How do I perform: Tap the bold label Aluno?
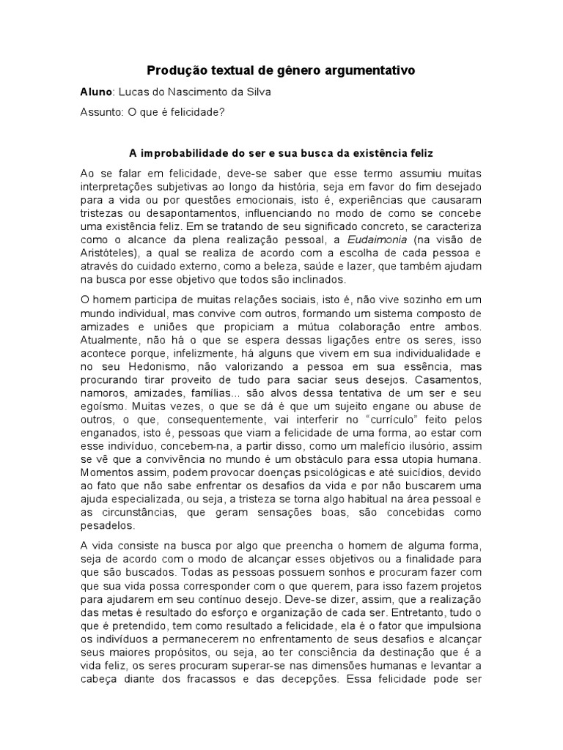pos(96,93)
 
